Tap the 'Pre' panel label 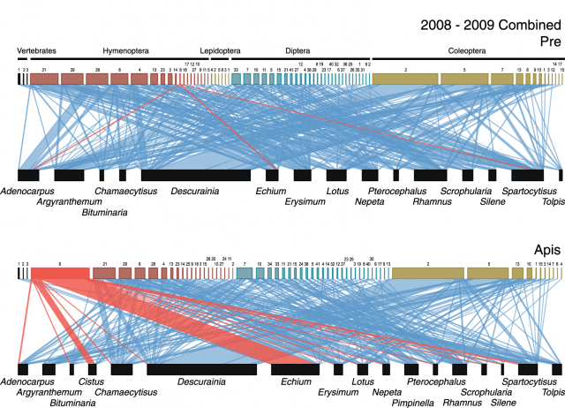pos(552,40)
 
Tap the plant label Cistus pos(92,382)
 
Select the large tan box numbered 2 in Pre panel pos(405,79)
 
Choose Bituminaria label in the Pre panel pos(104,212)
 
